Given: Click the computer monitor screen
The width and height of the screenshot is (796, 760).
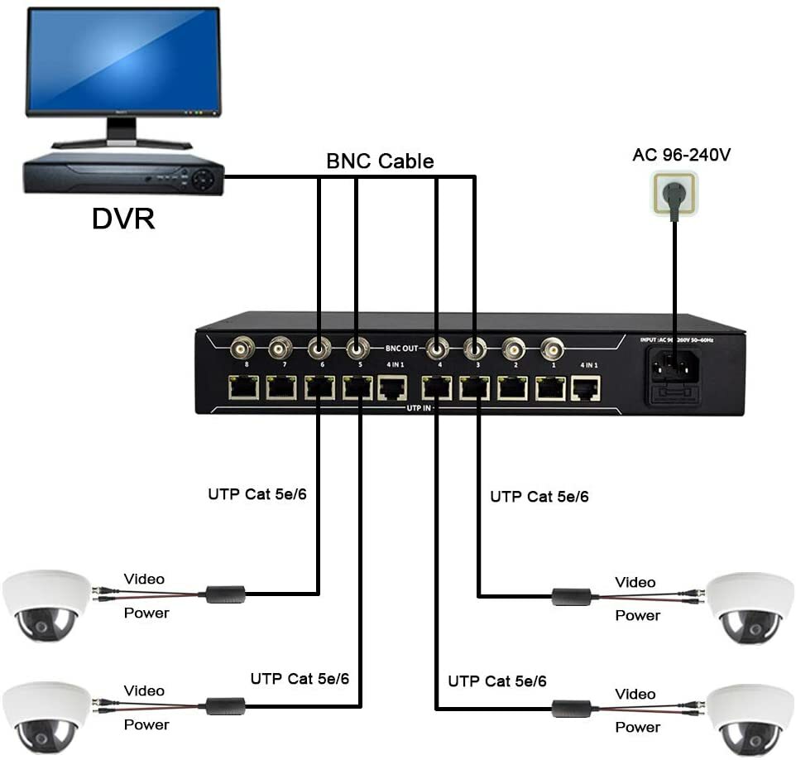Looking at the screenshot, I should click(123, 62).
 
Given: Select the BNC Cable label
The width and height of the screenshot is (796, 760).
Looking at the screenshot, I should click(380, 161).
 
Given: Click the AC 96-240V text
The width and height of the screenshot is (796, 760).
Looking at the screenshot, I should click(682, 155).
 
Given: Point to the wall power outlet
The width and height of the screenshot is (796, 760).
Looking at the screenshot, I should click(674, 193).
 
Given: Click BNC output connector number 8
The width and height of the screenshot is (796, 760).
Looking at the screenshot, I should click(243, 348).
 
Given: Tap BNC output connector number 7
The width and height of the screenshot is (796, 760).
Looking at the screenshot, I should click(281, 348).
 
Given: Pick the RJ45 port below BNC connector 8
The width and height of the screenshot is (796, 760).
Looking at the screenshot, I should click(244, 387).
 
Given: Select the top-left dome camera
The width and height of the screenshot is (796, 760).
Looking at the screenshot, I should click(46, 604).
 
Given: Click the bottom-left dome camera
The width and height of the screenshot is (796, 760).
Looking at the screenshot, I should click(46, 715).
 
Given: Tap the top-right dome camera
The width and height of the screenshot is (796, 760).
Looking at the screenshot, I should click(750, 607).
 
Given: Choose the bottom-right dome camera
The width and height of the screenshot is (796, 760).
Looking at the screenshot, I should click(750, 718).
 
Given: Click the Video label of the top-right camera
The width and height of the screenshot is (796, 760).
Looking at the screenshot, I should click(635, 583).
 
